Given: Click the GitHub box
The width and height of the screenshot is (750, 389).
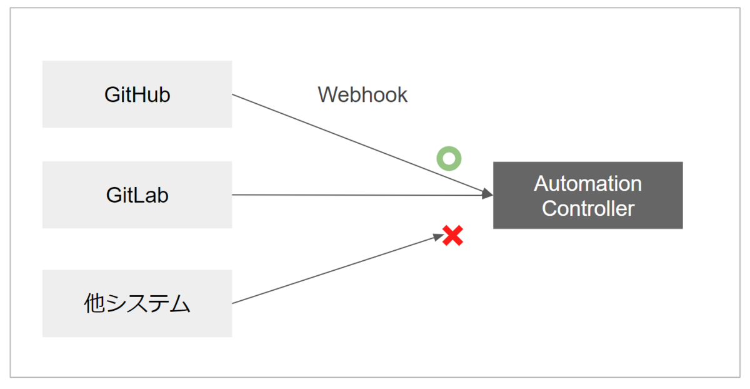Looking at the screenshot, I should [137, 94].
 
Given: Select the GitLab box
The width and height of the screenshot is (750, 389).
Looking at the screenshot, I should [137, 194].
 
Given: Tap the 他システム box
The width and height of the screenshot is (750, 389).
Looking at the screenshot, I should [137, 303].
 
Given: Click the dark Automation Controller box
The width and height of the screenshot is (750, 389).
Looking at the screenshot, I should [587, 195].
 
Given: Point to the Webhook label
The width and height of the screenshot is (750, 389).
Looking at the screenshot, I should [362, 95].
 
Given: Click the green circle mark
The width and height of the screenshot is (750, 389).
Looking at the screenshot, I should [449, 159].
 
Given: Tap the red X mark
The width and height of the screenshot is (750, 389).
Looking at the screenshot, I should [452, 236].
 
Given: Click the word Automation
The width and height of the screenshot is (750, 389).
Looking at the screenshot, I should [587, 184].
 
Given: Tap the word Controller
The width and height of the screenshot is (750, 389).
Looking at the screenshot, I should [587, 208].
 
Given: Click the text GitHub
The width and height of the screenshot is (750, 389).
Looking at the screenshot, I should [137, 95].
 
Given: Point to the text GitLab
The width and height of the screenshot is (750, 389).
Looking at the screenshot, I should [137, 195].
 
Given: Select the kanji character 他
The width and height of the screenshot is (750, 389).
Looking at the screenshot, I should [94, 304].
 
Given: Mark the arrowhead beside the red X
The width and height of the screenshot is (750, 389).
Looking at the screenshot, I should [437, 237].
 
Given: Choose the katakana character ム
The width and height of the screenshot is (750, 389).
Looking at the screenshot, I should [179, 304].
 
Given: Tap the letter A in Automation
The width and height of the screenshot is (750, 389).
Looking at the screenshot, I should [541, 184].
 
